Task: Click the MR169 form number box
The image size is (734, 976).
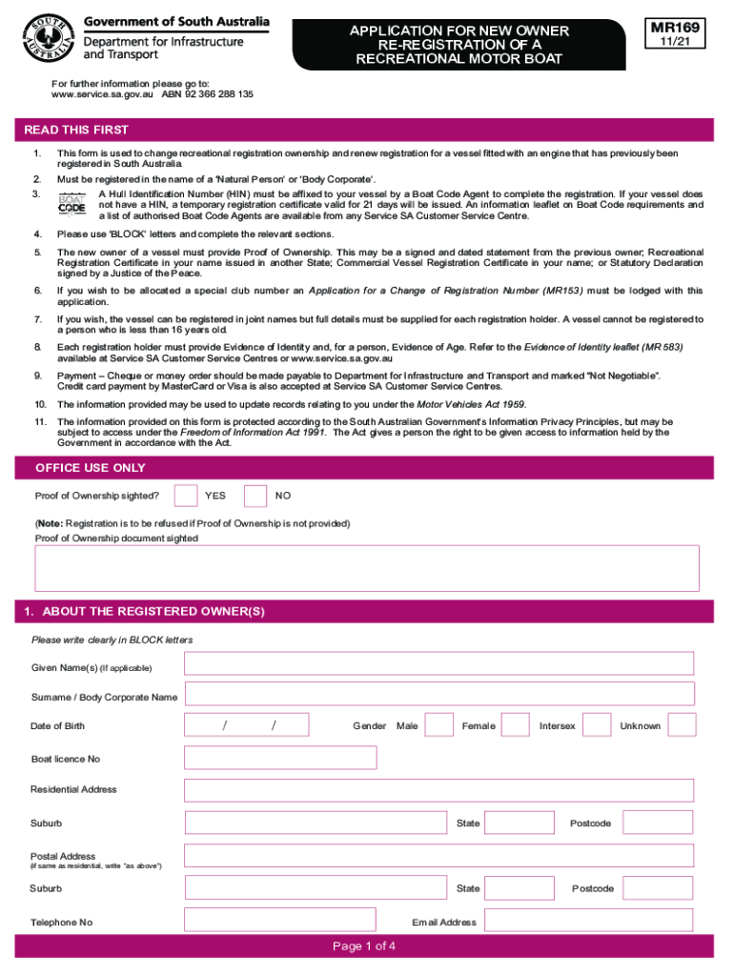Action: click(x=676, y=36)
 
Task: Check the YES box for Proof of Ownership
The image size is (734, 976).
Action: click(x=186, y=496)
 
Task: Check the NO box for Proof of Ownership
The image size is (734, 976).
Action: click(x=255, y=496)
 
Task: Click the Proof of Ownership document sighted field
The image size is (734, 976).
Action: click(x=367, y=568)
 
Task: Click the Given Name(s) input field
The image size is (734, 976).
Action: click(x=438, y=663)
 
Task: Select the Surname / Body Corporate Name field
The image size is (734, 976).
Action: click(x=438, y=694)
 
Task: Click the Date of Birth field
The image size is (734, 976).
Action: click(x=248, y=725)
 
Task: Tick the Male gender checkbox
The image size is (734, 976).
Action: click(x=439, y=725)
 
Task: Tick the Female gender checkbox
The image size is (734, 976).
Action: click(x=515, y=725)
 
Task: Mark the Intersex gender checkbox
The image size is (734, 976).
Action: click(x=597, y=725)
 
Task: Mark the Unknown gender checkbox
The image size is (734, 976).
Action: click(x=682, y=725)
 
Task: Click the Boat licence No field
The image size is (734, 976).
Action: click(x=281, y=758)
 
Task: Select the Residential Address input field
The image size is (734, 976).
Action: click(x=438, y=789)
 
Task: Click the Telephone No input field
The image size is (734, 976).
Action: click(x=278, y=921)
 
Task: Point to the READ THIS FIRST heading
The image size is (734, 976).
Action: click(x=76, y=130)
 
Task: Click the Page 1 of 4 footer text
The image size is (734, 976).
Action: click(x=364, y=946)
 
